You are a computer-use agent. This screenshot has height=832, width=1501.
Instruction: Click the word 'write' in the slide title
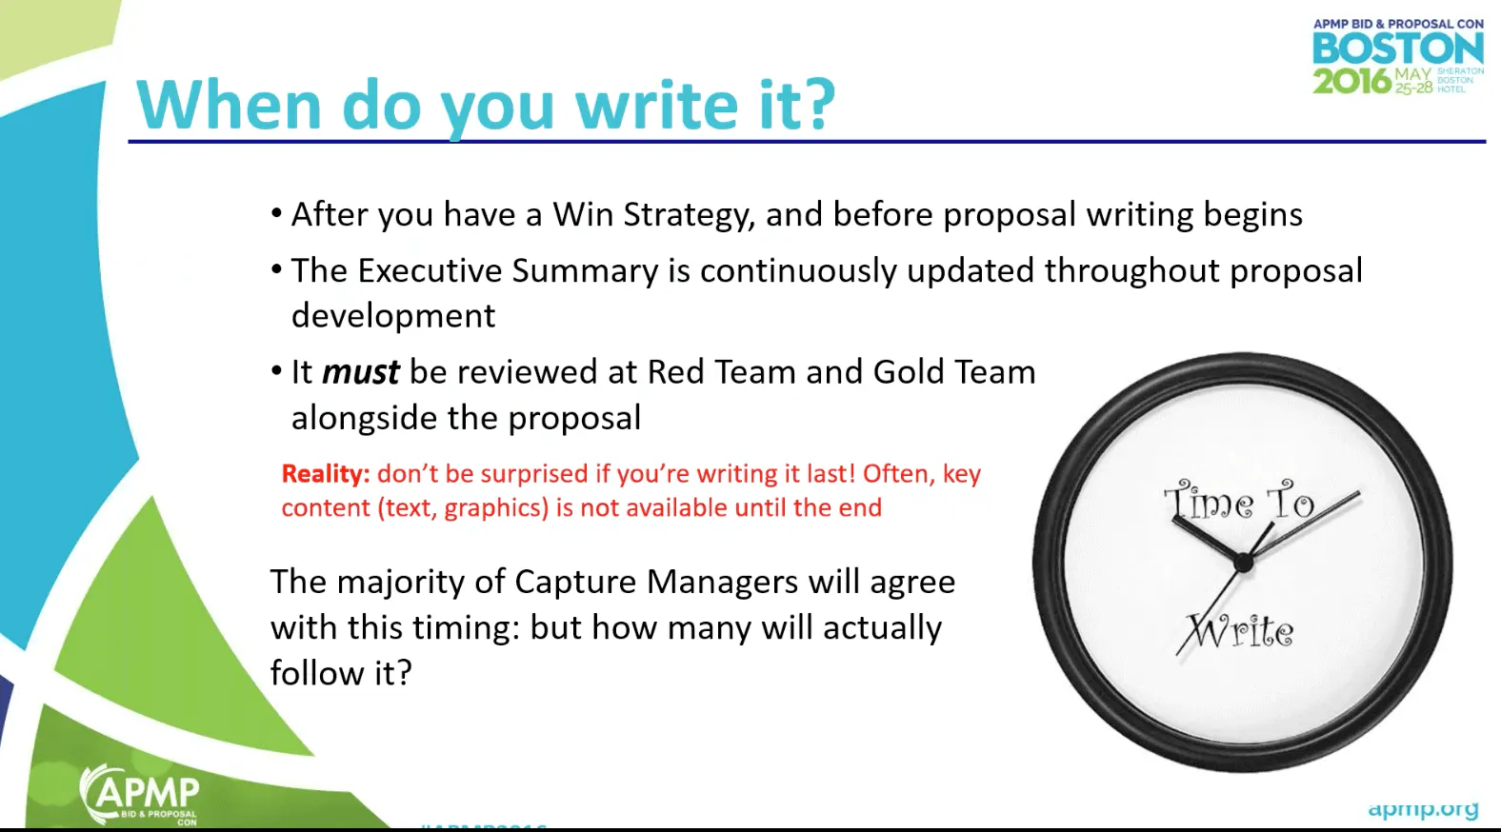tap(656, 105)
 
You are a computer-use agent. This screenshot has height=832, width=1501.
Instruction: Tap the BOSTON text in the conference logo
tap(1397, 50)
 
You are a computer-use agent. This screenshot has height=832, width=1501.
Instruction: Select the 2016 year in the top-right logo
tap(1351, 81)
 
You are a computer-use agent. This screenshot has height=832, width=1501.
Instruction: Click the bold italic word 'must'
tap(360, 372)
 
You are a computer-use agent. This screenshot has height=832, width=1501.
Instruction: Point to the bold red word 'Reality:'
tap(325, 474)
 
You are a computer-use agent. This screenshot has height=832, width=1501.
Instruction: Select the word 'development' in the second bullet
tap(393, 316)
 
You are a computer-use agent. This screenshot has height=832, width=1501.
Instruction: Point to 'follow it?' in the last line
tap(341, 673)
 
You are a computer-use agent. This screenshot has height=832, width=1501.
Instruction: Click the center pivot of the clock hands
tap(1242, 564)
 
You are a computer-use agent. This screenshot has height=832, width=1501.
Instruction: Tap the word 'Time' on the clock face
tap(1210, 501)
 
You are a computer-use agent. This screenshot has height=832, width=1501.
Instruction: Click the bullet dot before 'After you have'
tap(276, 213)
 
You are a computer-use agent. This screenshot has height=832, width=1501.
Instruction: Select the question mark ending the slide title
tap(818, 105)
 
